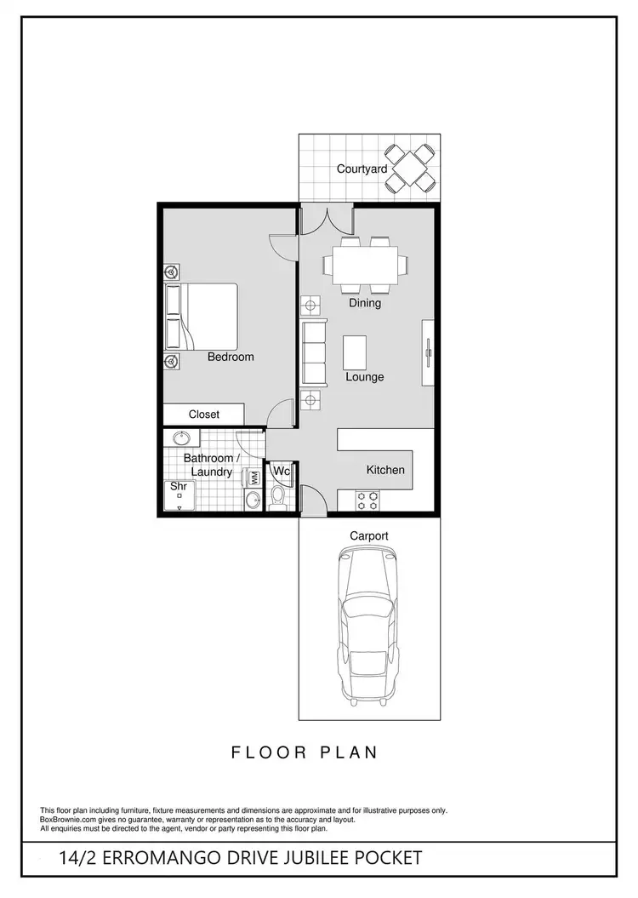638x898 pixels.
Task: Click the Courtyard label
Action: [x=362, y=169]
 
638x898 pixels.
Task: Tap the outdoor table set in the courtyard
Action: [x=411, y=168]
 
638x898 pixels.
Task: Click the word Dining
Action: [x=364, y=303]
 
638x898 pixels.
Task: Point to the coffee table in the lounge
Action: [x=356, y=350]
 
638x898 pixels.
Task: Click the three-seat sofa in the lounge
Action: [x=314, y=352]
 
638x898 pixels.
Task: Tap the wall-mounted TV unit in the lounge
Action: [x=428, y=352]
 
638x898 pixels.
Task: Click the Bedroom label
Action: [x=231, y=357]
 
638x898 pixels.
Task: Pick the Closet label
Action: [x=204, y=415]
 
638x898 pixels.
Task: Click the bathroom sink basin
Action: [x=181, y=439]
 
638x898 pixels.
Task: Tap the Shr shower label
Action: [x=178, y=487]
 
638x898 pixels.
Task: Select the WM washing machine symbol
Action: [x=253, y=478]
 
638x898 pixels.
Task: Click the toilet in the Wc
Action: [x=278, y=497]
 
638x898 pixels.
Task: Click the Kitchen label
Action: [x=385, y=470]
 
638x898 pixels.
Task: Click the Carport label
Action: [x=369, y=536]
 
